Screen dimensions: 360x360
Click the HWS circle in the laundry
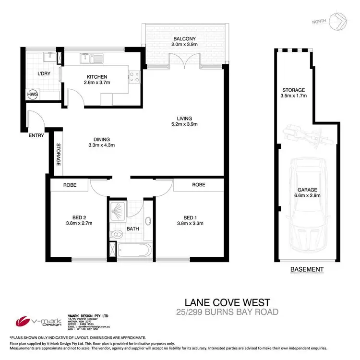33,95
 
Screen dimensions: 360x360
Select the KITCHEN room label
96,77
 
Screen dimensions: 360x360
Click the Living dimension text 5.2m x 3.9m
184,124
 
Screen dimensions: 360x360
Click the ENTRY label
36,135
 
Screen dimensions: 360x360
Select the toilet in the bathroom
115,234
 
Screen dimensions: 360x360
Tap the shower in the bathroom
117,210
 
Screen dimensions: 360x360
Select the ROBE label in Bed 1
199,185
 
